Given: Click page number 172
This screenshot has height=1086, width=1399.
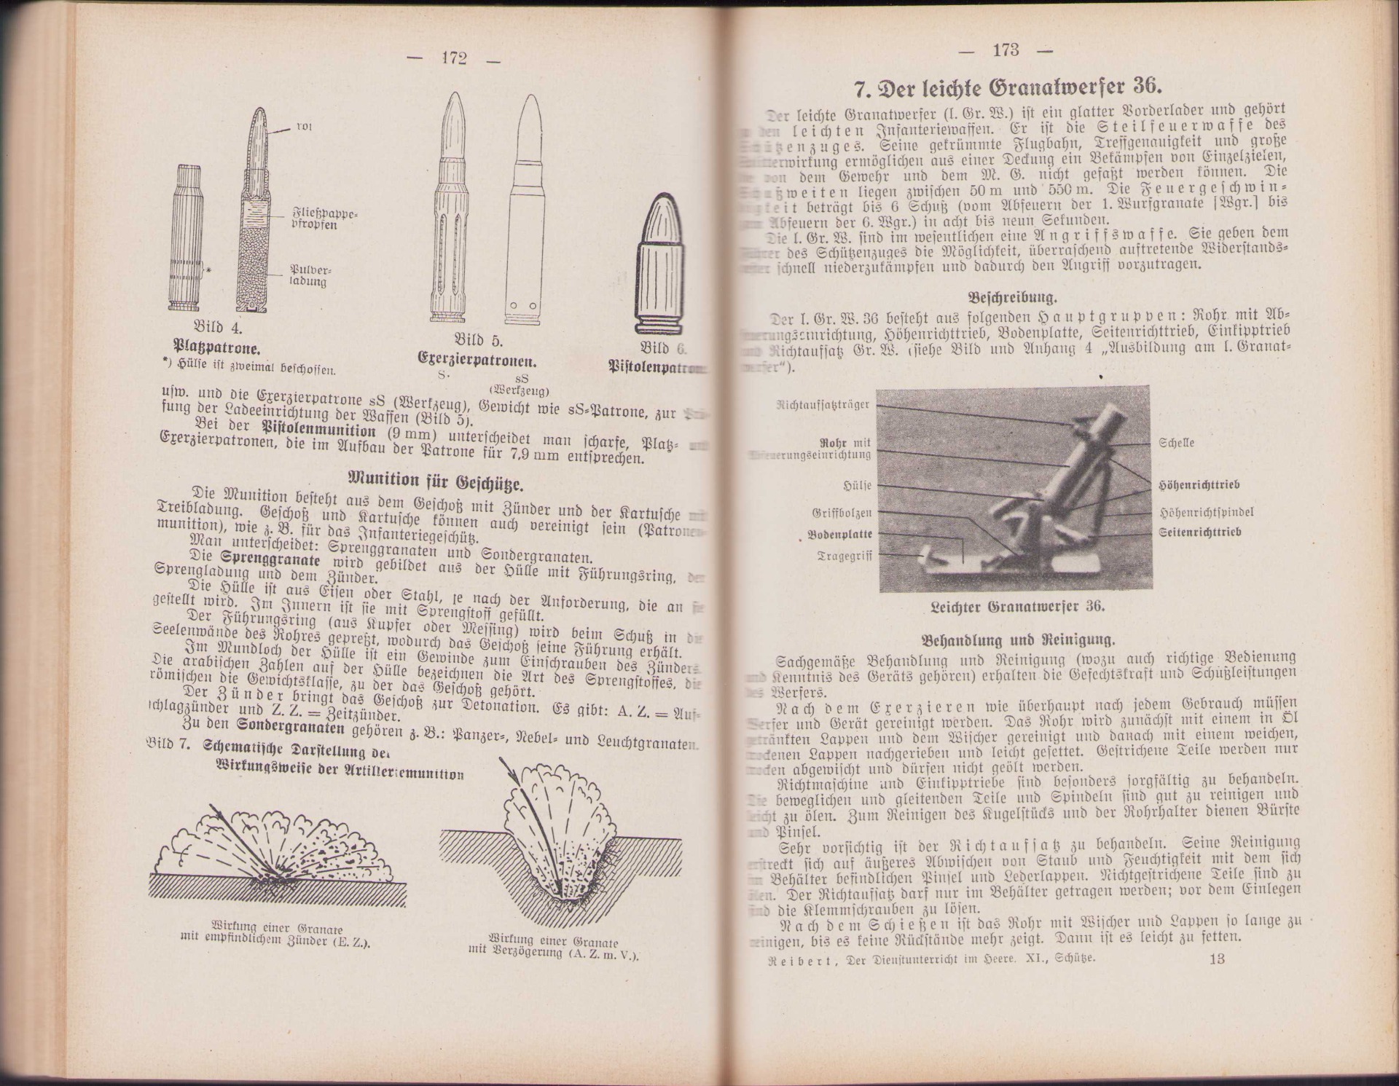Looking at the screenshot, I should point(453,59).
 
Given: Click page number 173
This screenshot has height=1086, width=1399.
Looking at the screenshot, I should point(1005,50).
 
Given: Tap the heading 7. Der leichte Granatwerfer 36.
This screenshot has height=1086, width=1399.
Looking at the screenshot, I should point(1009,90).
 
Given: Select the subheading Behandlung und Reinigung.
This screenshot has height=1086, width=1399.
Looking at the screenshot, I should point(1018,641).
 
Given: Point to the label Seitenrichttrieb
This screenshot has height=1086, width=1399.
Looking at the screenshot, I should point(1200,532).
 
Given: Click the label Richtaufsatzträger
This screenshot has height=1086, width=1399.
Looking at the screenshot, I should point(823,405).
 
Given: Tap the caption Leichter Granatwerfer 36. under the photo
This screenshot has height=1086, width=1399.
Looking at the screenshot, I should point(1018,606).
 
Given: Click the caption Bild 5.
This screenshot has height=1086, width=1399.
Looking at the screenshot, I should point(478,340).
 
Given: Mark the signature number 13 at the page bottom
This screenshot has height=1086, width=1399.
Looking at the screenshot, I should point(1217,959).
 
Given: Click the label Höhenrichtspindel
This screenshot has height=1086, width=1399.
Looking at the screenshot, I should point(1206,512).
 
